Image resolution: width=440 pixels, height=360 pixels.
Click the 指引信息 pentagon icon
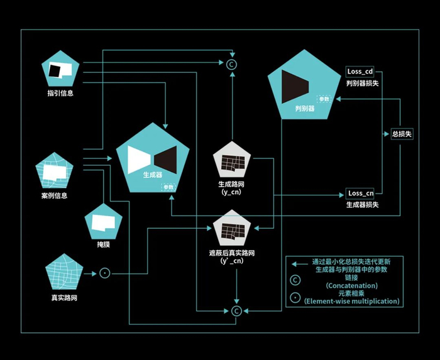(x=60, y=69)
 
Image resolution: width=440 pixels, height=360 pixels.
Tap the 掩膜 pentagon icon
(x=103, y=221)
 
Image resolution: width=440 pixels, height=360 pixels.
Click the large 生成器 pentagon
(x=153, y=160)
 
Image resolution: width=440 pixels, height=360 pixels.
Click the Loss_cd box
(x=361, y=72)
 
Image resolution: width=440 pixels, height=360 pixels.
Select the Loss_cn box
(x=361, y=194)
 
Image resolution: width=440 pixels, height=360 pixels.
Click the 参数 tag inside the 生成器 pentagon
(x=168, y=187)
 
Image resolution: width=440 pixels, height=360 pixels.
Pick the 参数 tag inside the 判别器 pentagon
(x=324, y=99)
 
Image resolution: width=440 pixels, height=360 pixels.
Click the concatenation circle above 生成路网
(x=231, y=63)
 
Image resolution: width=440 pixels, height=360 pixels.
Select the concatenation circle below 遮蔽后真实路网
(x=236, y=310)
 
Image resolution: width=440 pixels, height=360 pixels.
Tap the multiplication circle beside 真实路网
(x=105, y=273)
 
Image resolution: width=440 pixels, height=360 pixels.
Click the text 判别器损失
(x=361, y=83)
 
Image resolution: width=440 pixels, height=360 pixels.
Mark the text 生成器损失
(x=361, y=205)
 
